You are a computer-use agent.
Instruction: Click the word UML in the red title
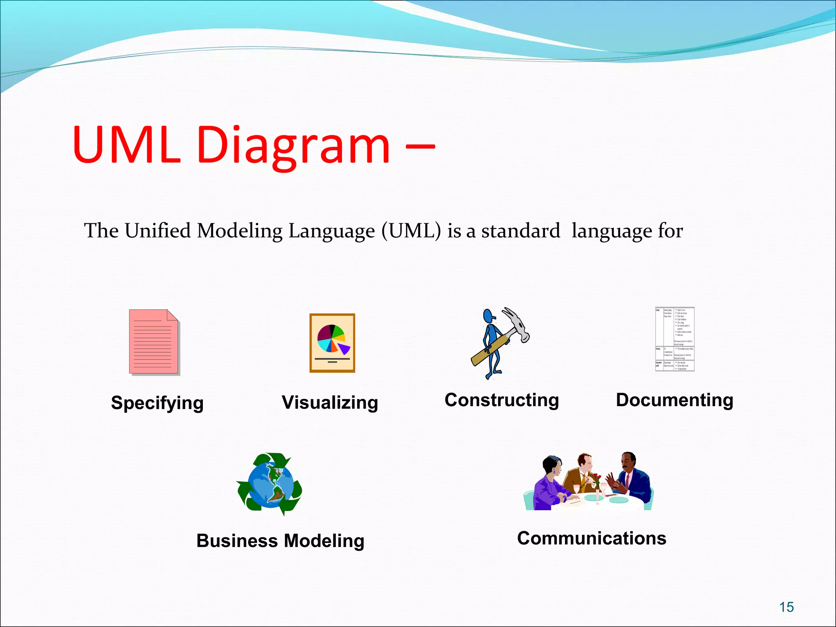[x=127, y=145]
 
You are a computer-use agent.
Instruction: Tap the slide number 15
[x=786, y=607]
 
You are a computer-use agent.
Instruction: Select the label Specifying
[x=157, y=403]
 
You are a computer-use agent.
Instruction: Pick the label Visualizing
[x=330, y=402]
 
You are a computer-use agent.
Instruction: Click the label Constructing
[x=502, y=400]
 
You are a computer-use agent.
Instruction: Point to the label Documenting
[x=674, y=400]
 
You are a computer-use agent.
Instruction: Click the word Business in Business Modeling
[x=237, y=541]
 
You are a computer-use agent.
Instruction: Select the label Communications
[x=591, y=538]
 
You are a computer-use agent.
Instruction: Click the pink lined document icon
[x=154, y=342]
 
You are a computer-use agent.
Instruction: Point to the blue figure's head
[x=488, y=316]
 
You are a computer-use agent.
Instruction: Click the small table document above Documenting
[x=674, y=339]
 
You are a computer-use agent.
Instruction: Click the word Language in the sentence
[x=331, y=231]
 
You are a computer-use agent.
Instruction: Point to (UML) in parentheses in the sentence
[x=411, y=231]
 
